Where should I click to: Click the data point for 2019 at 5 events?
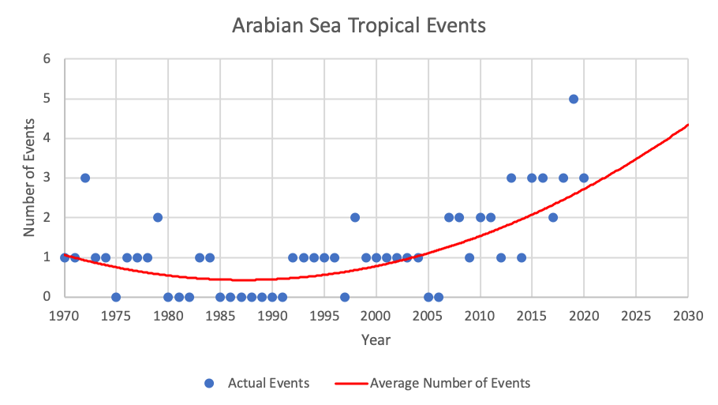tap(574, 99)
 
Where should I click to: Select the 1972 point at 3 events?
tap(85, 178)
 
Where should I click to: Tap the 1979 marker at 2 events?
tap(158, 217)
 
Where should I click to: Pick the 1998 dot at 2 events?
tap(355, 217)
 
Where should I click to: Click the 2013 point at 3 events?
tap(511, 178)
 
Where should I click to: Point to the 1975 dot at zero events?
tap(116, 297)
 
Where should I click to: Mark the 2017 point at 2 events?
tap(552, 217)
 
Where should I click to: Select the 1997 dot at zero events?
tap(345, 297)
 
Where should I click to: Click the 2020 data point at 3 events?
tap(584, 178)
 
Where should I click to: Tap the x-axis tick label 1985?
tap(220, 316)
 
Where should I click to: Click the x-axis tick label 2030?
tap(688, 316)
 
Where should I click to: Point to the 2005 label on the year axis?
tap(428, 316)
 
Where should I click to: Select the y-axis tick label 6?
tap(47, 59)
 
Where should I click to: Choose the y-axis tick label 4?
tap(47, 138)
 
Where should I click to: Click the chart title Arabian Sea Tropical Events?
tap(359, 25)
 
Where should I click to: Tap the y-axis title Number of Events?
tap(29, 178)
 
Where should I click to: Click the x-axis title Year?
tap(376, 340)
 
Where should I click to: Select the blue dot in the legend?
tap(209, 383)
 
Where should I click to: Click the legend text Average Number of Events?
tap(450, 383)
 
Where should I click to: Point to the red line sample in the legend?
tap(351, 383)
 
